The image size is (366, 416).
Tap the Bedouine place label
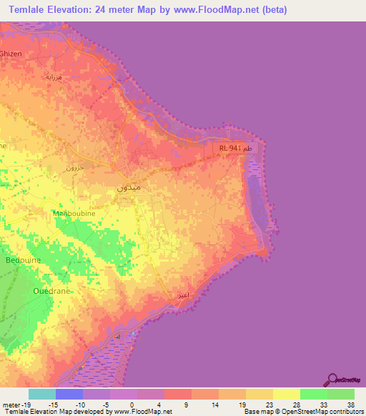[22, 259]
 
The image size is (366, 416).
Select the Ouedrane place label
[51, 291]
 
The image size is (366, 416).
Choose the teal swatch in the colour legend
[42, 394]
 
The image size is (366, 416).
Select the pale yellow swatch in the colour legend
[287, 394]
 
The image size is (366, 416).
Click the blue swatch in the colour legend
[69, 394]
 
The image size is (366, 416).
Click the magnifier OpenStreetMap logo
[332, 380]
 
